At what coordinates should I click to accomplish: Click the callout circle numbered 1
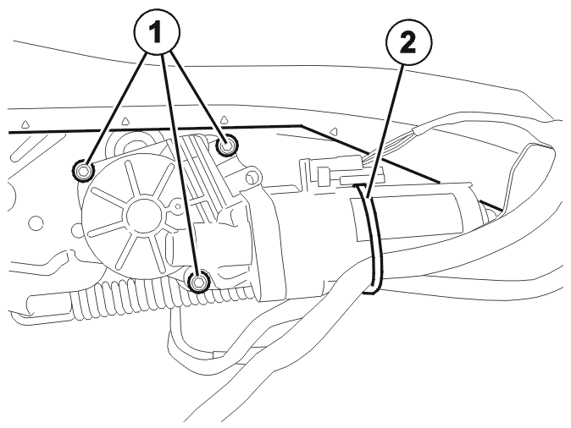157,32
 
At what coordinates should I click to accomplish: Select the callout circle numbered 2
408,43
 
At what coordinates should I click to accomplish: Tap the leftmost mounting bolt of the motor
83,170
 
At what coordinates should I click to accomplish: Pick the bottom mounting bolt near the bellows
199,282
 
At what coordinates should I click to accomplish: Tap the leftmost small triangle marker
25,124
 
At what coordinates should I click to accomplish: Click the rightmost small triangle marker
331,130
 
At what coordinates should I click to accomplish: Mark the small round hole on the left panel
36,222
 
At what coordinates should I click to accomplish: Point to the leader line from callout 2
385,130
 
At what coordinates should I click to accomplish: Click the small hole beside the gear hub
178,206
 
